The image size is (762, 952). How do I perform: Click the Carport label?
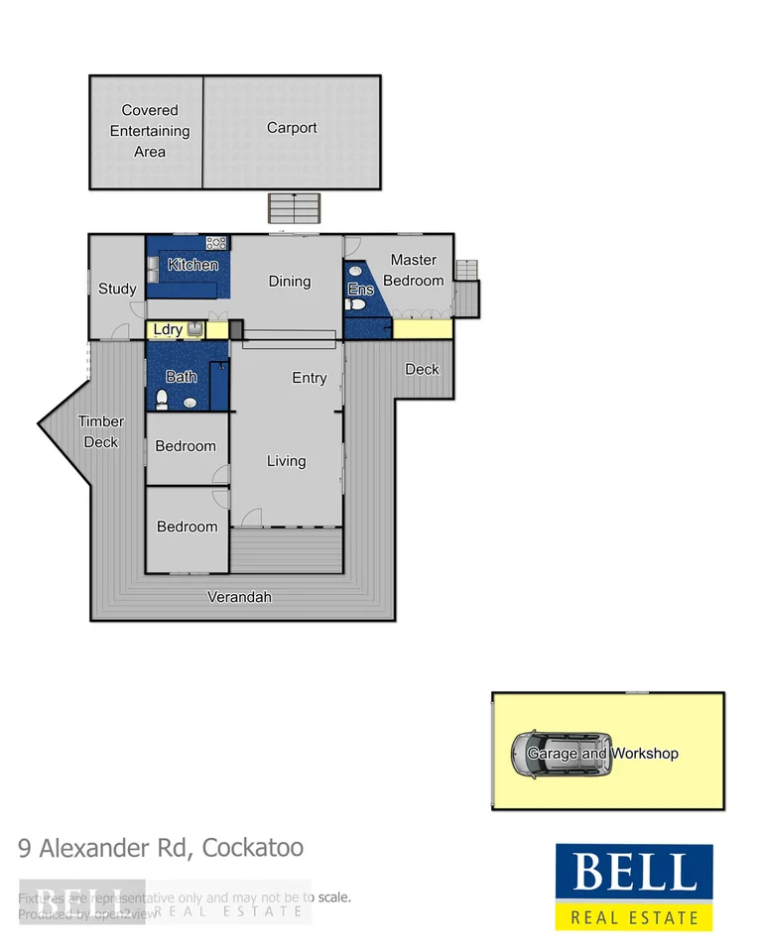[292, 128]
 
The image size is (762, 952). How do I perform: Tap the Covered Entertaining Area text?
[150, 131]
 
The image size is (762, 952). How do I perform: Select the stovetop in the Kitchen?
[216, 243]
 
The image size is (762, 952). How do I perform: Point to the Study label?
[117, 290]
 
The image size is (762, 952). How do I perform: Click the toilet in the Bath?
[163, 401]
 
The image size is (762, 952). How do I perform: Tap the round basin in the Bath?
[190, 402]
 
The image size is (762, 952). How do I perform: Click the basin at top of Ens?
[355, 270]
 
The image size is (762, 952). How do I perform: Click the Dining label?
[290, 282]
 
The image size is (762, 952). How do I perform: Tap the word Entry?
[310, 378]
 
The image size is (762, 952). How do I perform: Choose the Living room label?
[286, 461]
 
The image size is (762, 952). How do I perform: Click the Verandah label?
[239, 597]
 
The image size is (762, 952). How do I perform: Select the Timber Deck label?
[101, 431]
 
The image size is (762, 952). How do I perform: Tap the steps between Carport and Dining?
[295, 208]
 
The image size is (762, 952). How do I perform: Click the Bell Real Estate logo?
[633, 888]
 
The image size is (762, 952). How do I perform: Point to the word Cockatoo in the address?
[253, 848]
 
